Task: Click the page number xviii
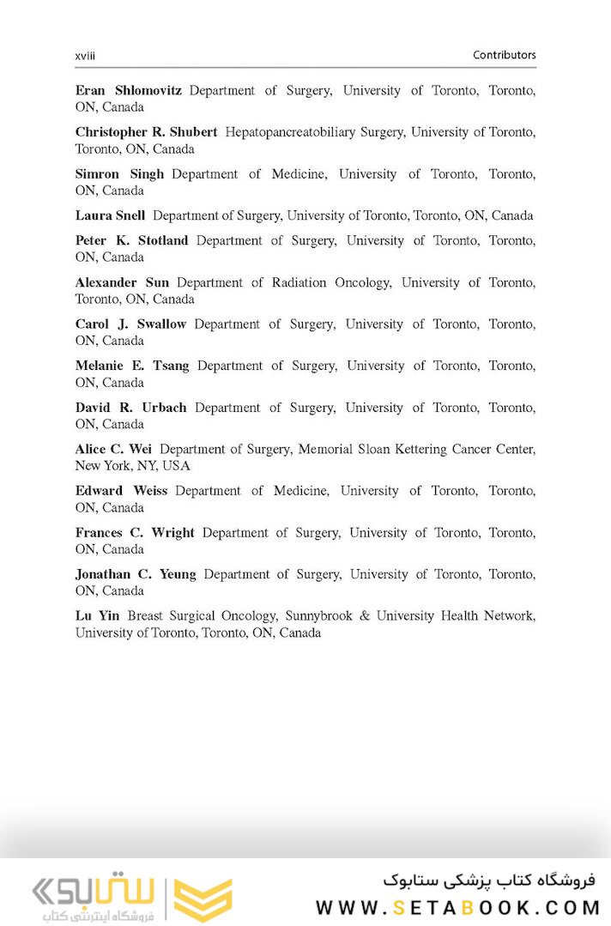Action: click(85, 55)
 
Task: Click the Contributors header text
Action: click(504, 55)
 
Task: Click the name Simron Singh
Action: click(119, 174)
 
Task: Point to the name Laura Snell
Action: click(110, 215)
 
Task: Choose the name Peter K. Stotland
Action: click(131, 240)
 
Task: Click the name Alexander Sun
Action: click(122, 282)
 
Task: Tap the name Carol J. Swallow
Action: click(130, 324)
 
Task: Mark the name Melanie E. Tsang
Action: click(132, 366)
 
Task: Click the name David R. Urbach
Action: click(130, 408)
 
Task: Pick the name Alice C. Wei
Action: click(113, 449)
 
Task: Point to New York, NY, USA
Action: click(132, 466)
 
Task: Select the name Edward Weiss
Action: click(121, 491)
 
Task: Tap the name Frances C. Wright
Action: click(135, 533)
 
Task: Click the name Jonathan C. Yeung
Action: click(136, 574)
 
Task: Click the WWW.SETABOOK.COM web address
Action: click(455, 907)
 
